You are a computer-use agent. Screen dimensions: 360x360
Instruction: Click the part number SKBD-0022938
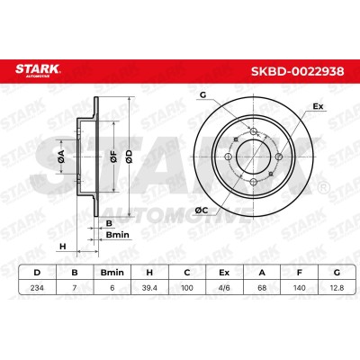[297, 71]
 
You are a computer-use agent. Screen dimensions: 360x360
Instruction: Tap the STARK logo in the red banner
[38, 70]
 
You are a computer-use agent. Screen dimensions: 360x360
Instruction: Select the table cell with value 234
[37, 288]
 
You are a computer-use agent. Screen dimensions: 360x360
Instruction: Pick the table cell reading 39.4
[149, 288]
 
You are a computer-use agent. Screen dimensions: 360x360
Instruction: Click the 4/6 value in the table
[224, 288]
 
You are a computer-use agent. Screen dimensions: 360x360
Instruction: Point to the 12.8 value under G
[337, 288]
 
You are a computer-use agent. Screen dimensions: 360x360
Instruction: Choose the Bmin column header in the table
[112, 273]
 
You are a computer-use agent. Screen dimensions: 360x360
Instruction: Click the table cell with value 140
[299, 288]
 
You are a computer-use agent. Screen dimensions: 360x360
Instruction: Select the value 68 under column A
[262, 288]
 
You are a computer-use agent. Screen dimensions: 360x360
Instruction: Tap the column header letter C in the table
[187, 273]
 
